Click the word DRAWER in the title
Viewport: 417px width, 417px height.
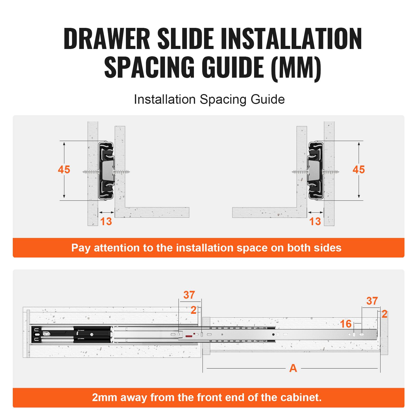tap(107, 39)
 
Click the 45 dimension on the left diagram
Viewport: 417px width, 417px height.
tap(64, 170)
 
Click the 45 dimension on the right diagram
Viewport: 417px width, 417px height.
tap(359, 170)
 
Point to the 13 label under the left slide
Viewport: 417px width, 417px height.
tap(106, 222)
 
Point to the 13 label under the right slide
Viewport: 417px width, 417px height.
tap(315, 222)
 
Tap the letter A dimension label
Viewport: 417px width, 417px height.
tap(293, 368)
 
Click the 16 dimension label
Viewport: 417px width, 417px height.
tap(346, 324)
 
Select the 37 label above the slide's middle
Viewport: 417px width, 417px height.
tap(189, 295)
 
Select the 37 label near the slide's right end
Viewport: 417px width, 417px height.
tap(372, 301)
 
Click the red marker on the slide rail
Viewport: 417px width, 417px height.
tap(188, 336)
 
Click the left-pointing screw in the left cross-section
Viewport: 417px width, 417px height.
tap(90, 172)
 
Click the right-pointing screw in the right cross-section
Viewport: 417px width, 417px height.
tap(331, 172)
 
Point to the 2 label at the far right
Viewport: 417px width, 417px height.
tap(384, 314)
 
